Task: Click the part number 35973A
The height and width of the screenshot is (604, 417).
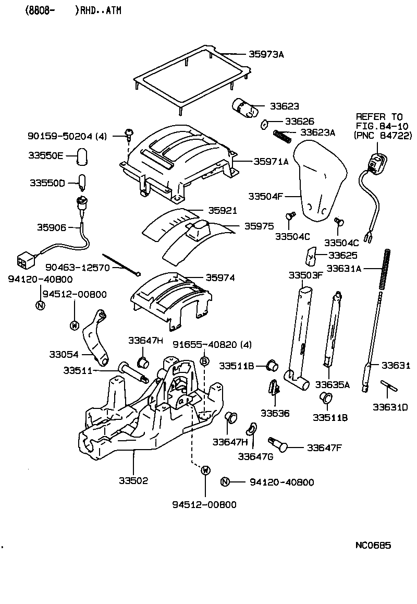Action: (x=266, y=54)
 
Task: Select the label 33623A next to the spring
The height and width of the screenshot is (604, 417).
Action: (x=317, y=132)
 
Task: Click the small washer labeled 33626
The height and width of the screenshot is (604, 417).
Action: (x=264, y=124)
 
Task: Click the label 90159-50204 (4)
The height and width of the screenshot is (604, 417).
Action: (x=67, y=136)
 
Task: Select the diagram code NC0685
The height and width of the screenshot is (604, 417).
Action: (x=373, y=546)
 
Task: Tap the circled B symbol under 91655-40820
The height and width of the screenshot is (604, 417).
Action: (x=205, y=361)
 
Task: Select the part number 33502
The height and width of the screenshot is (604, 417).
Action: (x=133, y=480)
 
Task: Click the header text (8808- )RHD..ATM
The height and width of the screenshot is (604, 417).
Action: (x=66, y=10)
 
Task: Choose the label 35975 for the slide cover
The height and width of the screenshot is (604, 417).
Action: (x=259, y=226)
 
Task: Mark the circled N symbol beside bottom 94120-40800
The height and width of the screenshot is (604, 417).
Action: (x=225, y=482)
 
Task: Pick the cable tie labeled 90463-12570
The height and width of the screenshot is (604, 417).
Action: (x=122, y=264)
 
